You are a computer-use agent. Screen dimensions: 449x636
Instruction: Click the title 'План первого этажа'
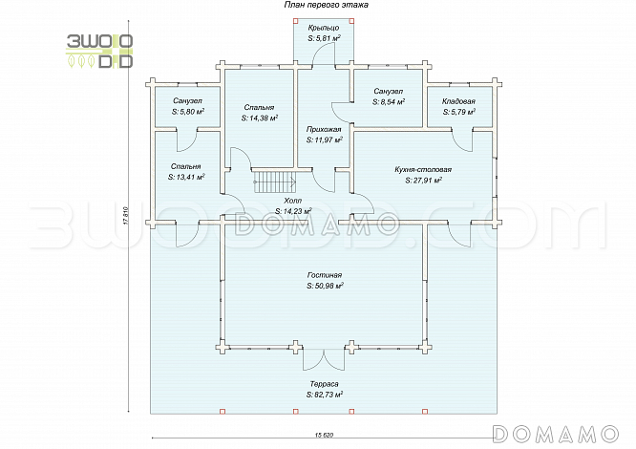pos(325,6)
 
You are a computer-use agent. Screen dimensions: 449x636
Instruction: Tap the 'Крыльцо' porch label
pos(325,30)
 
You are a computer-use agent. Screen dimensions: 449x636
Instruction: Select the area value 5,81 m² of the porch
pos(325,39)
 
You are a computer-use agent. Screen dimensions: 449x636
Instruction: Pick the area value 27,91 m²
pos(422,179)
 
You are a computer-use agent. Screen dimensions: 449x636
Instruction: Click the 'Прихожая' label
pos(325,128)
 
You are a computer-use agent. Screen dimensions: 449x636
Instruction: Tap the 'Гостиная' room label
pos(325,275)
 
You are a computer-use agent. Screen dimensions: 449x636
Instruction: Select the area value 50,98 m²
pos(325,286)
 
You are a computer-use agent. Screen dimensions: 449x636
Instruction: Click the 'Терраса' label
pos(325,383)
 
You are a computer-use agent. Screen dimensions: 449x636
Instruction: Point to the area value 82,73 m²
pos(325,394)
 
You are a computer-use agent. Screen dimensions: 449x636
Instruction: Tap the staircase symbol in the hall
pos(269,180)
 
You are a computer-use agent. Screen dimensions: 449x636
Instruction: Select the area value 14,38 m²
pos(260,119)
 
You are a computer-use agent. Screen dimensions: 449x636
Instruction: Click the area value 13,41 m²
pos(186,177)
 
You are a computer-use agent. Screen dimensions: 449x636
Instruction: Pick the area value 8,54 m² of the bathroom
pos(388,100)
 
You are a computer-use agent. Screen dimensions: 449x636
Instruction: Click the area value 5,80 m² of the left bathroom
pos(187,112)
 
